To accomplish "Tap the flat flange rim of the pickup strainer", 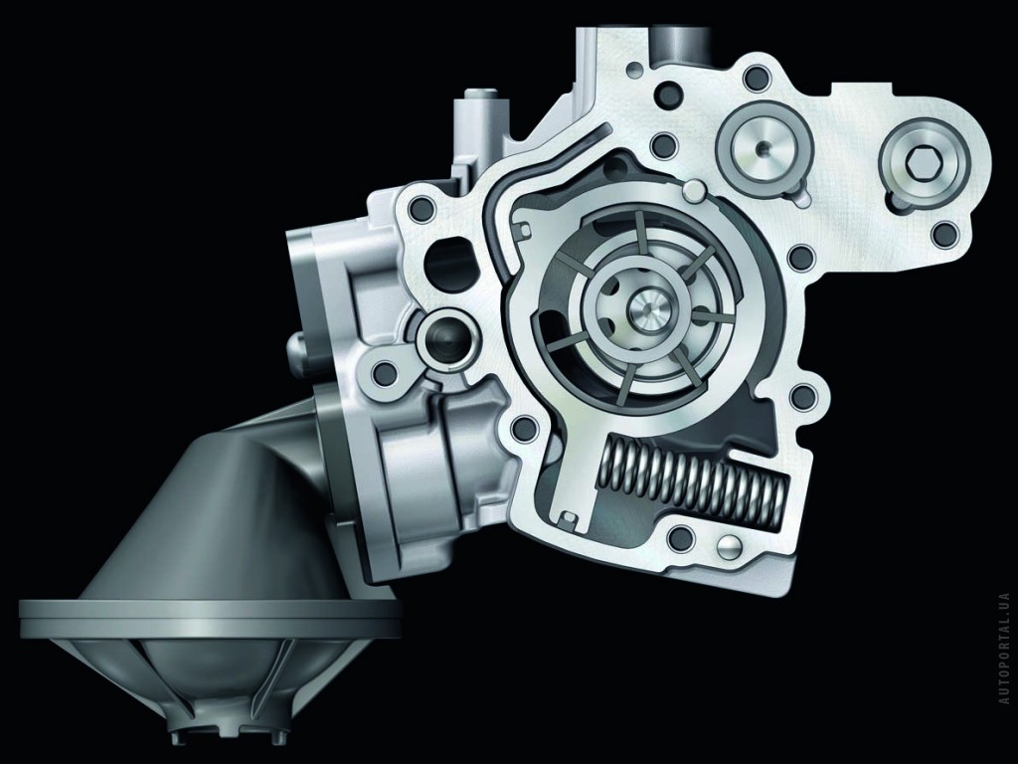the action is pyautogui.click(x=209, y=618).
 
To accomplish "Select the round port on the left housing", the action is pyautogui.click(x=442, y=335).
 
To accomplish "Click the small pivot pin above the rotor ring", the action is pyautogui.click(x=693, y=190).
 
